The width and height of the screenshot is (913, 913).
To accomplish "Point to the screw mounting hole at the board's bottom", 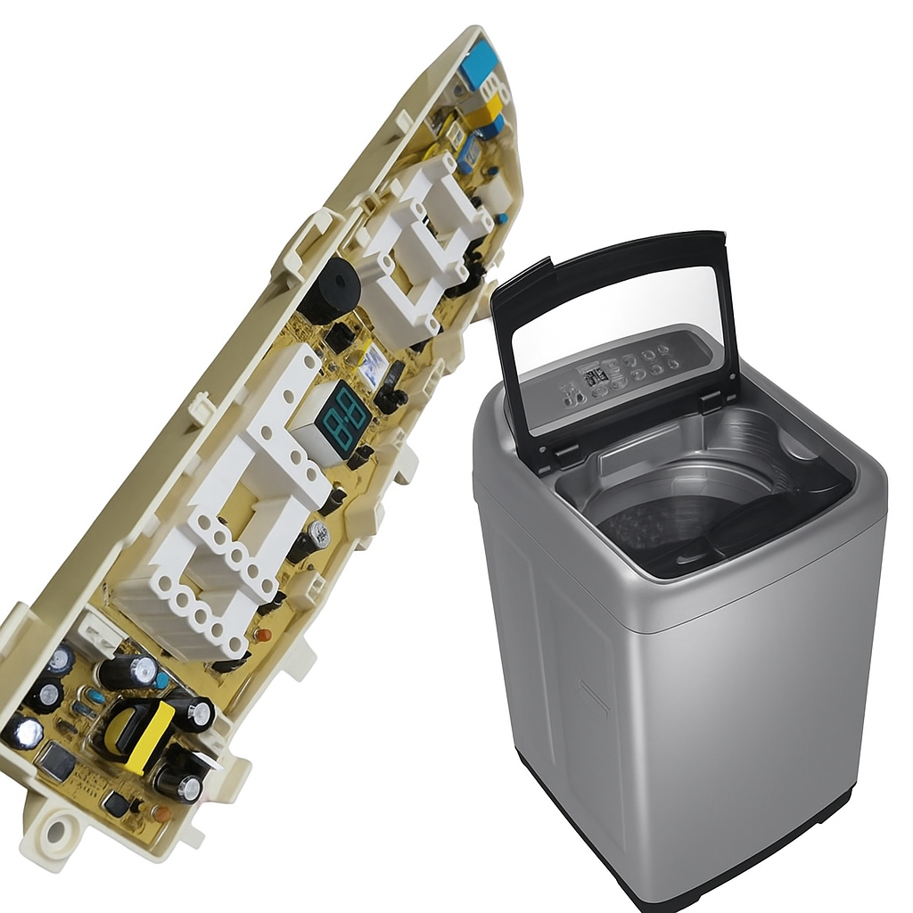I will (x=54, y=832).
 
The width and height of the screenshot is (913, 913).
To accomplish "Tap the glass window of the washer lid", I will (x=615, y=321).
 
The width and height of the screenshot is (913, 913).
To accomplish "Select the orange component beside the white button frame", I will (x=262, y=635).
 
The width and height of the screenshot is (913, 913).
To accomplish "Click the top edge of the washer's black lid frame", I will (x=606, y=253).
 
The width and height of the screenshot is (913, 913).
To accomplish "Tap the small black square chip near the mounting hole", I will (x=116, y=803).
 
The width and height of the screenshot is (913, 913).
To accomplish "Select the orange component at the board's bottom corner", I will (x=160, y=813).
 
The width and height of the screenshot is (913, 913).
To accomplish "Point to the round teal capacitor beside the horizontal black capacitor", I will (x=161, y=679).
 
